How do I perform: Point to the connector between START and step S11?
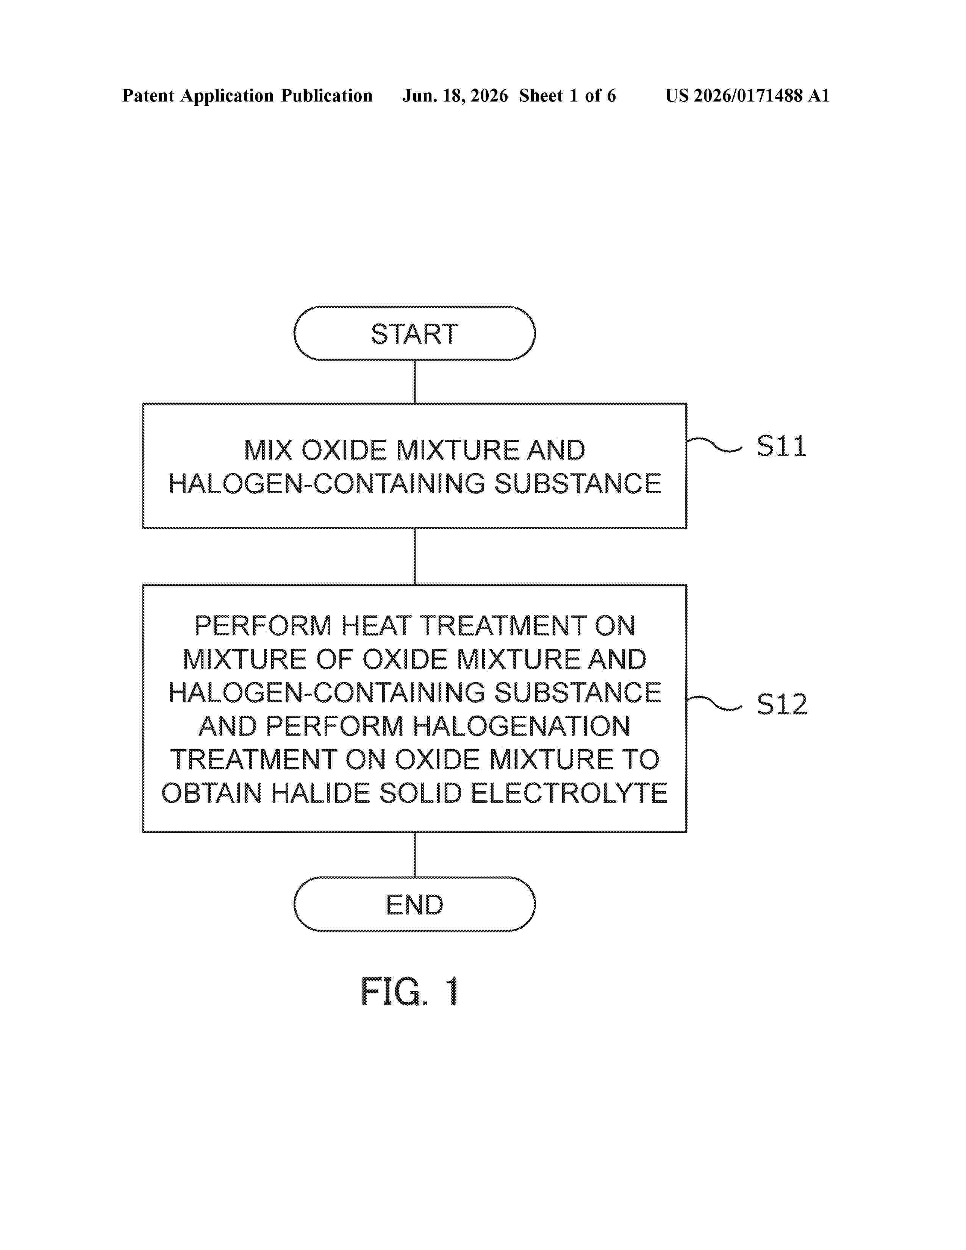pyautogui.click(x=414, y=382)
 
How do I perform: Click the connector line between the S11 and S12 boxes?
pyautogui.click(x=414, y=556)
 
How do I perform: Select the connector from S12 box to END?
pyautogui.click(x=414, y=855)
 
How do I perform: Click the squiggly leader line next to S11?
pyautogui.click(x=714, y=445)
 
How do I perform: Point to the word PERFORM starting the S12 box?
pyautogui.click(x=263, y=626)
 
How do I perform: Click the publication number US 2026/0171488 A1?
pyautogui.click(x=747, y=95)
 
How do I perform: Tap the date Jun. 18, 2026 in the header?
pyautogui.click(x=455, y=95)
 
